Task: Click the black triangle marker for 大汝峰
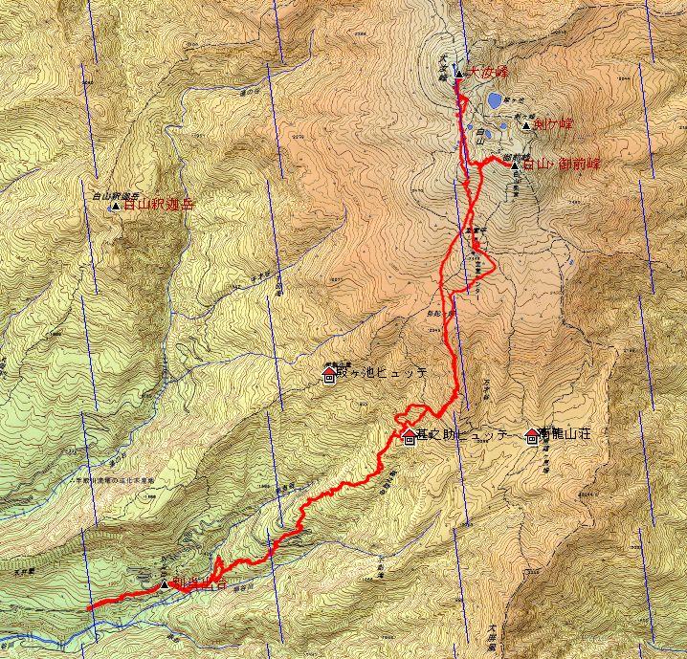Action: (x=459, y=74)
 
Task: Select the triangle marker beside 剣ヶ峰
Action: (x=526, y=125)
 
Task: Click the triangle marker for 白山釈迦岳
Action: (x=116, y=205)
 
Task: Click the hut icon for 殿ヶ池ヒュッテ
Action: (x=329, y=377)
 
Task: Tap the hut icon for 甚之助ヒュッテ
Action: (x=410, y=438)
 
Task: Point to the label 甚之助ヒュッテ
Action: (x=461, y=435)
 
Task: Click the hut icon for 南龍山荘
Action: (x=532, y=436)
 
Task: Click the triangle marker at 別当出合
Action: (x=165, y=584)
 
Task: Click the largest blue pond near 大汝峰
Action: (x=493, y=99)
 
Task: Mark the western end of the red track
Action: (x=88, y=607)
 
